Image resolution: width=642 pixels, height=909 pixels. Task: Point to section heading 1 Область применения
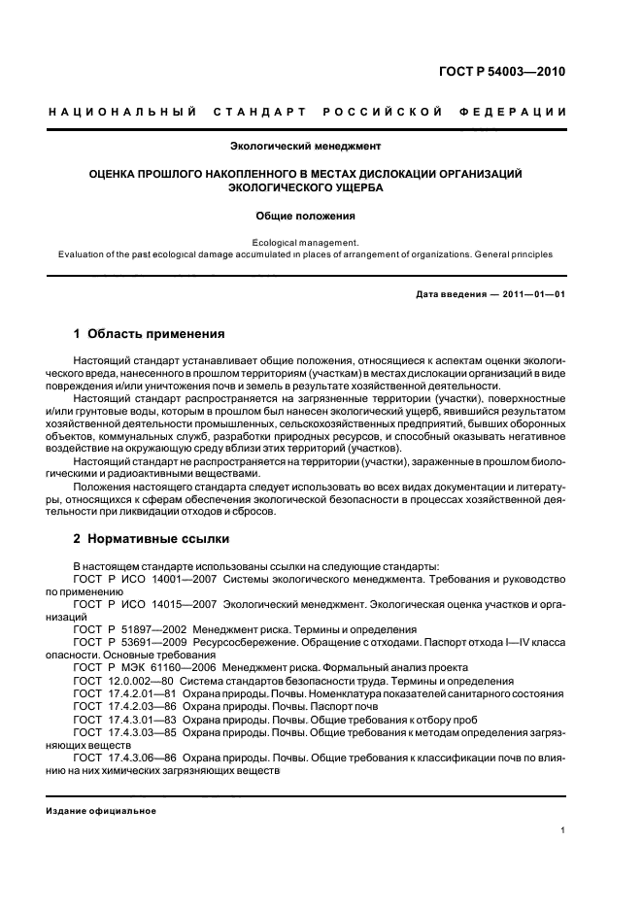point(150,333)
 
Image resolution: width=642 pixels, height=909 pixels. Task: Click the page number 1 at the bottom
point(563,829)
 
